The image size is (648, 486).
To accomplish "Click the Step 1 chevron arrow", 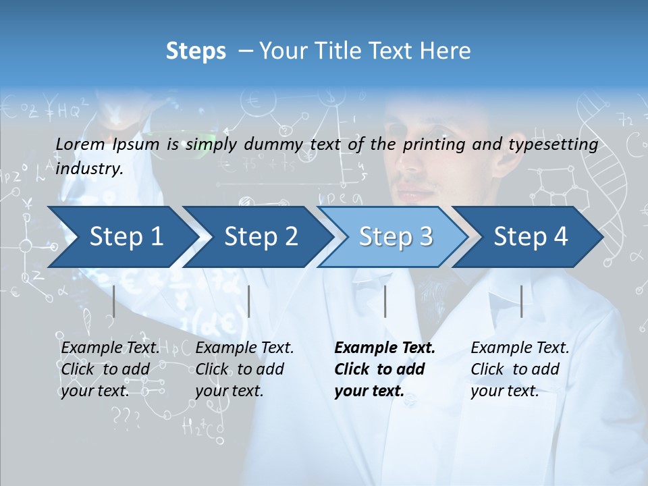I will [122, 237].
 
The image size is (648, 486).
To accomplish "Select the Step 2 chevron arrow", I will [260, 237].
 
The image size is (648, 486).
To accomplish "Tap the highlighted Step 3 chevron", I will [395, 237].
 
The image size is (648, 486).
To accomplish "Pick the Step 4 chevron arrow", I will [530, 237].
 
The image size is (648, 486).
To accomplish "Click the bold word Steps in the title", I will [196, 51].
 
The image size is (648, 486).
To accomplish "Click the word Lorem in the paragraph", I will [80, 144].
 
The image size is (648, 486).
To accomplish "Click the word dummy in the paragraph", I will [273, 144].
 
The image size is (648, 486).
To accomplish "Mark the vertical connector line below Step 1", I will [114, 301].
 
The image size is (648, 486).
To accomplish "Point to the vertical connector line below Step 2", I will [249, 301].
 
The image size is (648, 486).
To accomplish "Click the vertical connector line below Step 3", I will [385, 301].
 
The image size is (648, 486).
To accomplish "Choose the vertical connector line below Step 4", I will [521, 301].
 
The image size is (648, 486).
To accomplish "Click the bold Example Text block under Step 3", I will [384, 369].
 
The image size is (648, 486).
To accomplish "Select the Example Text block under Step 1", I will [110, 369].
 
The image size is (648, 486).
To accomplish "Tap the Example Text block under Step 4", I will [519, 369].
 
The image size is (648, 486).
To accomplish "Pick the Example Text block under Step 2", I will [244, 369].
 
